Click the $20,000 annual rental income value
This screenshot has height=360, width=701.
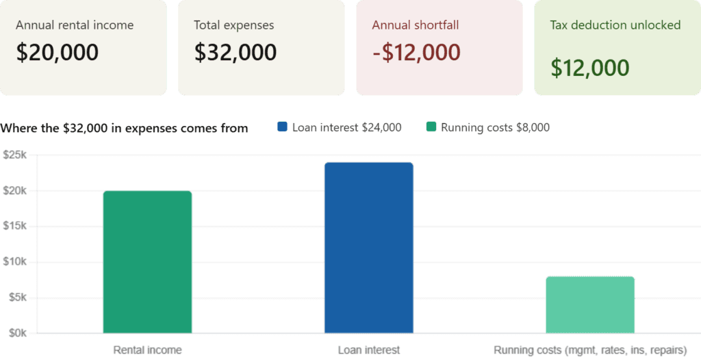pos(58,53)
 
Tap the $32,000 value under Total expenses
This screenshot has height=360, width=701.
pos(235,53)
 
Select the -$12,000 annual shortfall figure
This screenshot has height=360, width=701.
pos(416,53)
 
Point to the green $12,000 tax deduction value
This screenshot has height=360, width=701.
pos(590,68)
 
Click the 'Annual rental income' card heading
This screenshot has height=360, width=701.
pos(75,25)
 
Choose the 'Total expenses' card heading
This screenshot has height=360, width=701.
pos(233,25)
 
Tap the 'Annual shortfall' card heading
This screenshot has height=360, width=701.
pos(416,25)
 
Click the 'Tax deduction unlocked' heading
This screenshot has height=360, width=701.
pos(615,25)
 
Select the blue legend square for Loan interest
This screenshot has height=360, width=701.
pos(283,127)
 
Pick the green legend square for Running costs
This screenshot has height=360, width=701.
pos(431,127)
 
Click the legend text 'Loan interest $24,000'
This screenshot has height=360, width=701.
pos(346,127)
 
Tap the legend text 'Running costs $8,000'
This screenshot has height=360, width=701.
pos(495,127)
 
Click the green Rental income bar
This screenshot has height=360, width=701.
pos(147,261)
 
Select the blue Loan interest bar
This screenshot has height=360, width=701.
pos(368,248)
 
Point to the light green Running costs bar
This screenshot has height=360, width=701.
pos(590,305)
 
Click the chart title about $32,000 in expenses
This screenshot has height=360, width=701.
pos(125,128)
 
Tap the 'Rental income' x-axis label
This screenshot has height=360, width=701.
pos(148,350)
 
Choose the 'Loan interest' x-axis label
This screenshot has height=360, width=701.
pos(368,350)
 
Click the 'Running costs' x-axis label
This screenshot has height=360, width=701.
pos(590,350)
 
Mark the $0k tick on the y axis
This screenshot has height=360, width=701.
pos(18,333)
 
